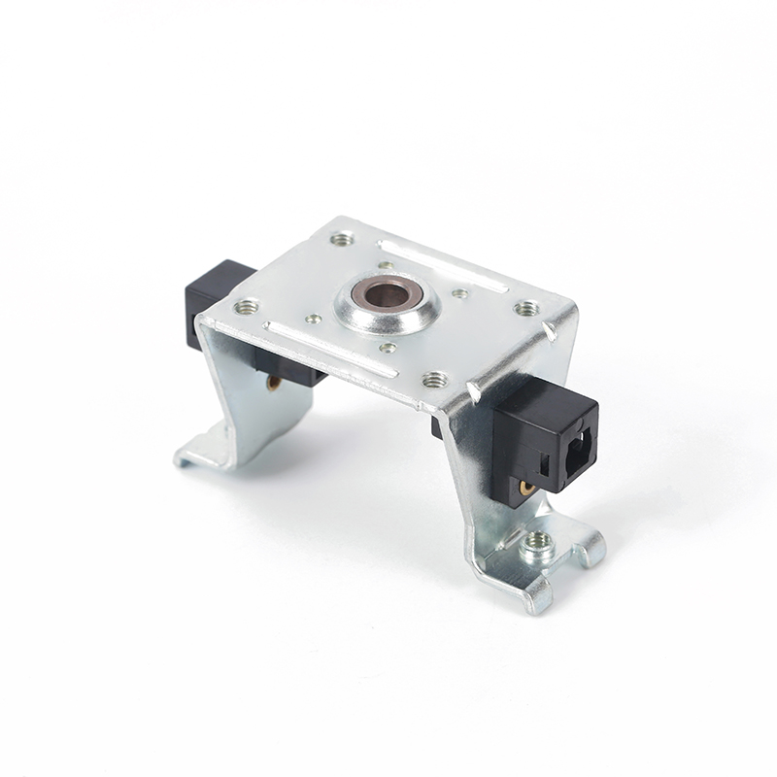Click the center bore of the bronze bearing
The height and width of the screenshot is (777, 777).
pos(386,292)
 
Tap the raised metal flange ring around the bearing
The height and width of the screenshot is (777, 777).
pos(361,313)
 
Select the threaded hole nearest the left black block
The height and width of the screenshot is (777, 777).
pos(246,307)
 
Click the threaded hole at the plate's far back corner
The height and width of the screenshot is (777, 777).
pos(340,237)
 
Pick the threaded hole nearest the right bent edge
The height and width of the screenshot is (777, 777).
pos(526,309)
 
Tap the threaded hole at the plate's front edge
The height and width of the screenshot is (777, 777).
pos(434,380)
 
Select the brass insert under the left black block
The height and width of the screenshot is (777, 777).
pos(274,383)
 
